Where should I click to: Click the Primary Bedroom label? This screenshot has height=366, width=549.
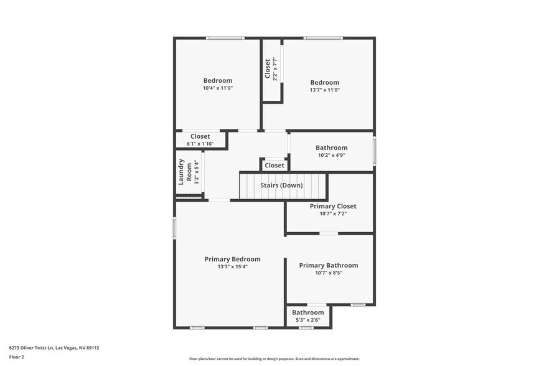coord(232,259)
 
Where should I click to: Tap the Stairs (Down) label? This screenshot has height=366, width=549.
coord(281,185)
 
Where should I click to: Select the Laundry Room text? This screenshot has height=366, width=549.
coord(182,172)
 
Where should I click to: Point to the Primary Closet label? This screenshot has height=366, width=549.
coord(333,206)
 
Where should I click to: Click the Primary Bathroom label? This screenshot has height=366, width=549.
coord(328,265)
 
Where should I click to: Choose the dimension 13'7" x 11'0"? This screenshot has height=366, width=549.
coord(325,90)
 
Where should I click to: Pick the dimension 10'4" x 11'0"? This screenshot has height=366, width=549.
coord(217,88)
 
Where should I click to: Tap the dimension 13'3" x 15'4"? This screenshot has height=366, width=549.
coord(232,267)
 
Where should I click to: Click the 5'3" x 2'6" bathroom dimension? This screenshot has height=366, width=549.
coord(308,320)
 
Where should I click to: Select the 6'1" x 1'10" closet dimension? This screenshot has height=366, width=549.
coord(200,144)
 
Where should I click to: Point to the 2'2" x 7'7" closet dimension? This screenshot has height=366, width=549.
coord(274,69)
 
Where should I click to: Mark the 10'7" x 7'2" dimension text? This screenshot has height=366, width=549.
coord(333,214)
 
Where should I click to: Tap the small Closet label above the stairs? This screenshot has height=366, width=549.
coord(274,166)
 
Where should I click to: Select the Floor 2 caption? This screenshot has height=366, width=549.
coord(16,357)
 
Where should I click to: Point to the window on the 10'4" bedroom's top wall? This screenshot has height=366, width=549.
coord(225,39)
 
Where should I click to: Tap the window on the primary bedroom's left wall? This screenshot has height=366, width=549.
coord(175,227)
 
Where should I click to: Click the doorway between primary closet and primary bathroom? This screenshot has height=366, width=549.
coord(329,233)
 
